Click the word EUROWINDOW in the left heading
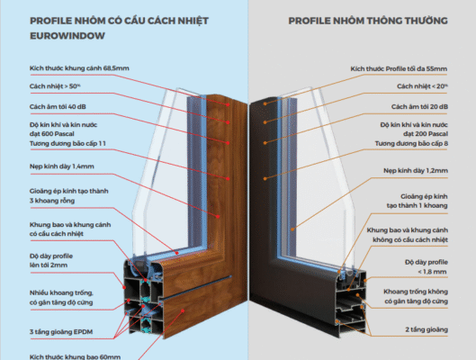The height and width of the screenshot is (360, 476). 67,36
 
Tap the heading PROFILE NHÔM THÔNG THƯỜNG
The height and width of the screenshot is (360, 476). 368,21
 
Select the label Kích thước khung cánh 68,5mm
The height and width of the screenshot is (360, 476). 79,68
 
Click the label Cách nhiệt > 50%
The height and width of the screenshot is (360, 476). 55,86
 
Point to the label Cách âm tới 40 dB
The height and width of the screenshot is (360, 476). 58,106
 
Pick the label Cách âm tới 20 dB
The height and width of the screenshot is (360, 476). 419,106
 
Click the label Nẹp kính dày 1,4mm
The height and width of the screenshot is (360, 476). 61,166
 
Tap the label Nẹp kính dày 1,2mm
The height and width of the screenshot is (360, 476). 416,171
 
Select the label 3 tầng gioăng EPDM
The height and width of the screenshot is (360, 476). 61,332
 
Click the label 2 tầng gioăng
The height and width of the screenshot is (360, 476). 427,329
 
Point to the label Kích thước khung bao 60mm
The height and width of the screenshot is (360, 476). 75,356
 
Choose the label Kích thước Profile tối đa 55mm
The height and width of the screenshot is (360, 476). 399,69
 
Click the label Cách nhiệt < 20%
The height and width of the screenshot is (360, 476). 422,86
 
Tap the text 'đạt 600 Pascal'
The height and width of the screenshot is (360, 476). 52,134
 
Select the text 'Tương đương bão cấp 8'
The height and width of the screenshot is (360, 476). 411,144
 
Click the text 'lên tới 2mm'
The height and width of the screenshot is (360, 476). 49,265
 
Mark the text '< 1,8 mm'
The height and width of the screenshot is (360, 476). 432,272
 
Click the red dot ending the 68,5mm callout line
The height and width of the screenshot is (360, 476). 228,104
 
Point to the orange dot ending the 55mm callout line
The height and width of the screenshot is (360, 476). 265,103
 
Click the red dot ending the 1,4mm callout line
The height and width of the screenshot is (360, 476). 218,217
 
